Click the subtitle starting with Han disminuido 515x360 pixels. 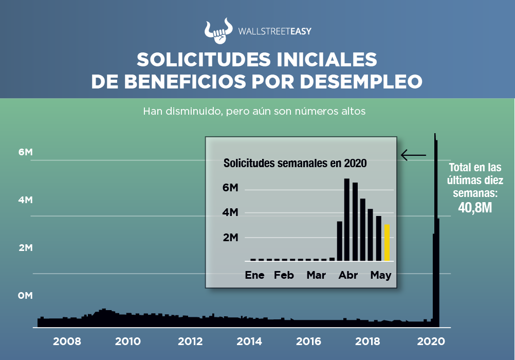254,111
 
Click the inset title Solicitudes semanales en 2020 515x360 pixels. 295,164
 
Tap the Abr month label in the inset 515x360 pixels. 348,275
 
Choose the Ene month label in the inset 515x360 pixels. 254,275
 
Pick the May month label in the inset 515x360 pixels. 381,275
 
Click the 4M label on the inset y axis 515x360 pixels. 230,212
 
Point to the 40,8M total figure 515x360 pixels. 475,207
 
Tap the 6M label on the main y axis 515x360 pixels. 25,152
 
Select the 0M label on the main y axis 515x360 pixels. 25,296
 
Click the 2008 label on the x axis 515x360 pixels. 67,341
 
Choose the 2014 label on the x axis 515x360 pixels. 249,341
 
